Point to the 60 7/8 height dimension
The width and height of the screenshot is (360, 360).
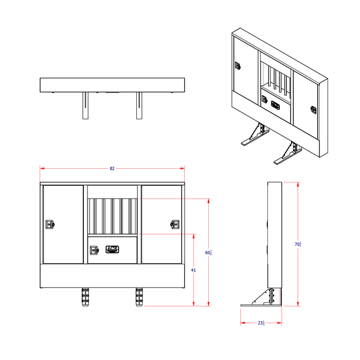pyautogui.click(x=208, y=252)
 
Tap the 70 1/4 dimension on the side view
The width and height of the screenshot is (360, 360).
pyautogui.click(x=298, y=244)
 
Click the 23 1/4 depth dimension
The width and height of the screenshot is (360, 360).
pyautogui.click(x=261, y=323)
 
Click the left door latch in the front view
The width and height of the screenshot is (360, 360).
pyautogui.click(x=49, y=224)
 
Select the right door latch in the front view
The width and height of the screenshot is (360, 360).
pyautogui.click(x=175, y=224)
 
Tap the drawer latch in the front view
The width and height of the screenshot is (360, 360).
pyautogui.click(x=94, y=250)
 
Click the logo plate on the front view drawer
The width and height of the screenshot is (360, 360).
pyautogui.click(x=112, y=249)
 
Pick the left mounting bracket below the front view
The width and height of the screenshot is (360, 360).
pyautogui.click(x=85, y=298)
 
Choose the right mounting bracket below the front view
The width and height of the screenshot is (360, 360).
pyautogui.click(x=139, y=298)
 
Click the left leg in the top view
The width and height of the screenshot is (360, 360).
pyautogui.click(x=85, y=105)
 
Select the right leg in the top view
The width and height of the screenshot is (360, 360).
pyautogui.click(x=139, y=105)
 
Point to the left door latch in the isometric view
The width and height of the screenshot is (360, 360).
pyautogui.click(x=238, y=66)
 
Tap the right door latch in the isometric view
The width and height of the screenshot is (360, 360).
pyautogui.click(x=313, y=110)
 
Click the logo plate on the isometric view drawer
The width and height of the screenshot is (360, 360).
pyautogui.click(x=275, y=106)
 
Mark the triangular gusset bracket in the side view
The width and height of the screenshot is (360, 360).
pyautogui.click(x=263, y=298)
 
